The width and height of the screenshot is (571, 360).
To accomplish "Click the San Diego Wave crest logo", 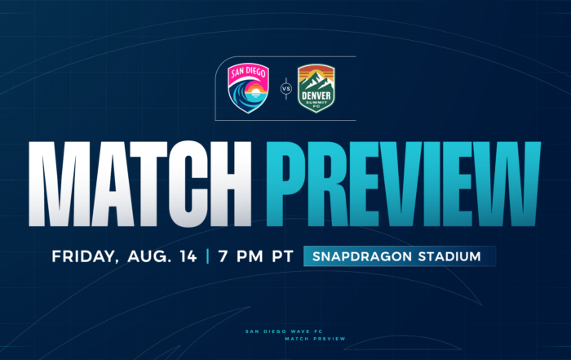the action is click(x=248, y=88).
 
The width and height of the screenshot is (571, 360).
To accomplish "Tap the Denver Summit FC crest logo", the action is click(x=316, y=88).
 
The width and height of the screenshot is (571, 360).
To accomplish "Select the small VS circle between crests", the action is click(x=286, y=88).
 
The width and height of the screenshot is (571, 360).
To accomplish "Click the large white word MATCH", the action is click(x=139, y=184).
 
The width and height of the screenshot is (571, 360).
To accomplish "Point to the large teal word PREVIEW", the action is click(x=403, y=184).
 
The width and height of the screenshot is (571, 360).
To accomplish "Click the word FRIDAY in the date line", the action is click(x=85, y=256).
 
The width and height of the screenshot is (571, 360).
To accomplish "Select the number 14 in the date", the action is click(x=188, y=256).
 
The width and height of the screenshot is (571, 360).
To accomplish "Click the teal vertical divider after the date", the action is click(x=207, y=256).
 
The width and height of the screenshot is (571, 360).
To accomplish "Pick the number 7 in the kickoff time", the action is click(x=223, y=256).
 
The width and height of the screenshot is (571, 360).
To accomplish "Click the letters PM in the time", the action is click(x=250, y=256).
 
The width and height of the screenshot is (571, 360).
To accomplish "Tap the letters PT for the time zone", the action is click(x=282, y=256).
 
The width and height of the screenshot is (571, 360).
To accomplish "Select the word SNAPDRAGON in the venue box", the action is click(x=362, y=256).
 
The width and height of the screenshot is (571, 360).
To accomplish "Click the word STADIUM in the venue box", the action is click(x=449, y=256).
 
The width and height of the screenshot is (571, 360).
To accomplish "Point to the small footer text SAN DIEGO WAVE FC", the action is click(x=284, y=331).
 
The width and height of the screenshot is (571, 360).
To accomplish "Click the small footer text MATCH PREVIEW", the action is click(x=315, y=339).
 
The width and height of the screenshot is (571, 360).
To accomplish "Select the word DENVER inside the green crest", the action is click(x=316, y=96).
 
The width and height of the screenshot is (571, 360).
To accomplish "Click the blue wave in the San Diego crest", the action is click(x=241, y=96).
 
